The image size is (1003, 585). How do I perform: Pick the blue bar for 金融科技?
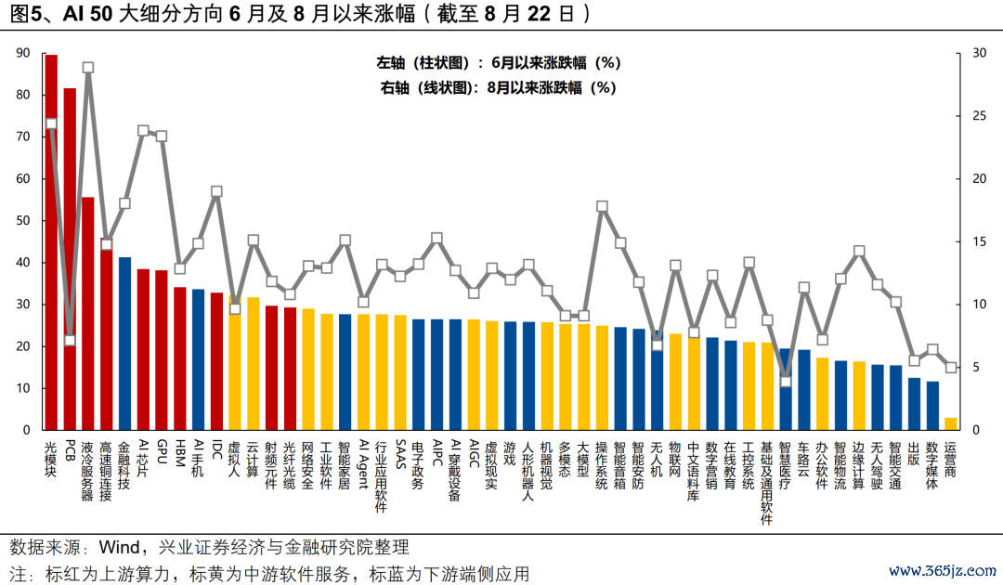124,344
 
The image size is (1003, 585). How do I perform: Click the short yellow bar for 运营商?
951,424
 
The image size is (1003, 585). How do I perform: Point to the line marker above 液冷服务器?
88,68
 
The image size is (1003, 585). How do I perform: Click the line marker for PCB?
70,340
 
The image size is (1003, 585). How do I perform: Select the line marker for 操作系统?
602,206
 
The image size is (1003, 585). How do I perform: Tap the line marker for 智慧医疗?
786,382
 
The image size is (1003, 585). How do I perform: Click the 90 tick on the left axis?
23,53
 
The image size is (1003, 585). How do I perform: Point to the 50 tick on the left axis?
23,221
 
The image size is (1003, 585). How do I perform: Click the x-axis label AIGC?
474,454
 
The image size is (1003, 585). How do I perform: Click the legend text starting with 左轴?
498,63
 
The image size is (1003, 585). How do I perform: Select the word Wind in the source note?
124,546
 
